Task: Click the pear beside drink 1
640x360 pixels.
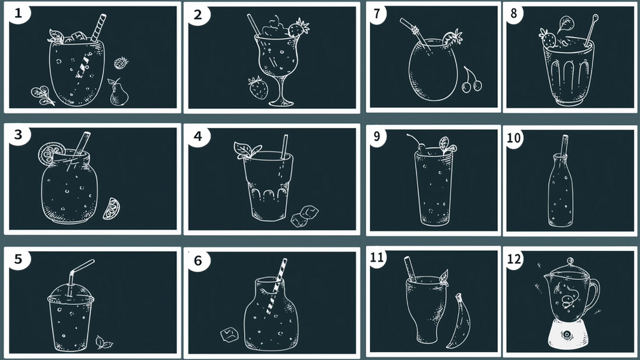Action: [118, 93]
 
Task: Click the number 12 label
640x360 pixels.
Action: [514, 259]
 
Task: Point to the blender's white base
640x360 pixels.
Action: [567, 335]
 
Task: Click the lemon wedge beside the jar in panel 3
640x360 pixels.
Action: [111, 208]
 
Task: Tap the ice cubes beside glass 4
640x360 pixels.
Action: [304, 216]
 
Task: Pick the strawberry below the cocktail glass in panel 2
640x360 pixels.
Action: [259, 88]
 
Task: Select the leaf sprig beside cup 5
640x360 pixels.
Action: [104, 342]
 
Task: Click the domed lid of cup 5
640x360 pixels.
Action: [71, 293]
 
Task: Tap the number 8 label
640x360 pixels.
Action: [513, 13]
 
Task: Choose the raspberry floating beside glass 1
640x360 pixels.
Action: [121, 63]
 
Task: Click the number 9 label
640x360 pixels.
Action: [376, 136]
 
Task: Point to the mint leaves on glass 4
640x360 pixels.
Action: [246, 149]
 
